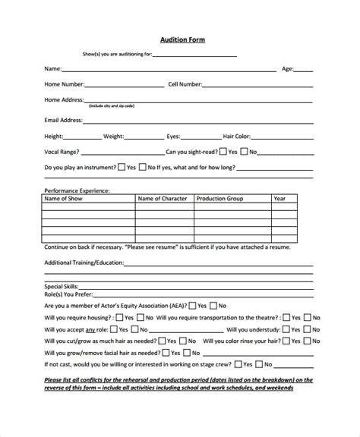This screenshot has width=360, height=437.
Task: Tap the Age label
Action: [288, 68]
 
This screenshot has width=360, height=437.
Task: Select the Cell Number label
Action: [185, 84]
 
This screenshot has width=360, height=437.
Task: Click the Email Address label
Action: [63, 120]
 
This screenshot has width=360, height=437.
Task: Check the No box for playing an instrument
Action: [142, 167]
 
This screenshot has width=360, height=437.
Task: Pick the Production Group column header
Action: [220, 199]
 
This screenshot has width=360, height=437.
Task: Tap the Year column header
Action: [279, 199]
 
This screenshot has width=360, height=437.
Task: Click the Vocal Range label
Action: [62, 152]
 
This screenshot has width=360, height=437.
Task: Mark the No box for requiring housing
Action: [139, 318]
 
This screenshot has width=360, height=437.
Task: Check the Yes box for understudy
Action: [286, 331]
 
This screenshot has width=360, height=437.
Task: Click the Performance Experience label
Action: [77, 190]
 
